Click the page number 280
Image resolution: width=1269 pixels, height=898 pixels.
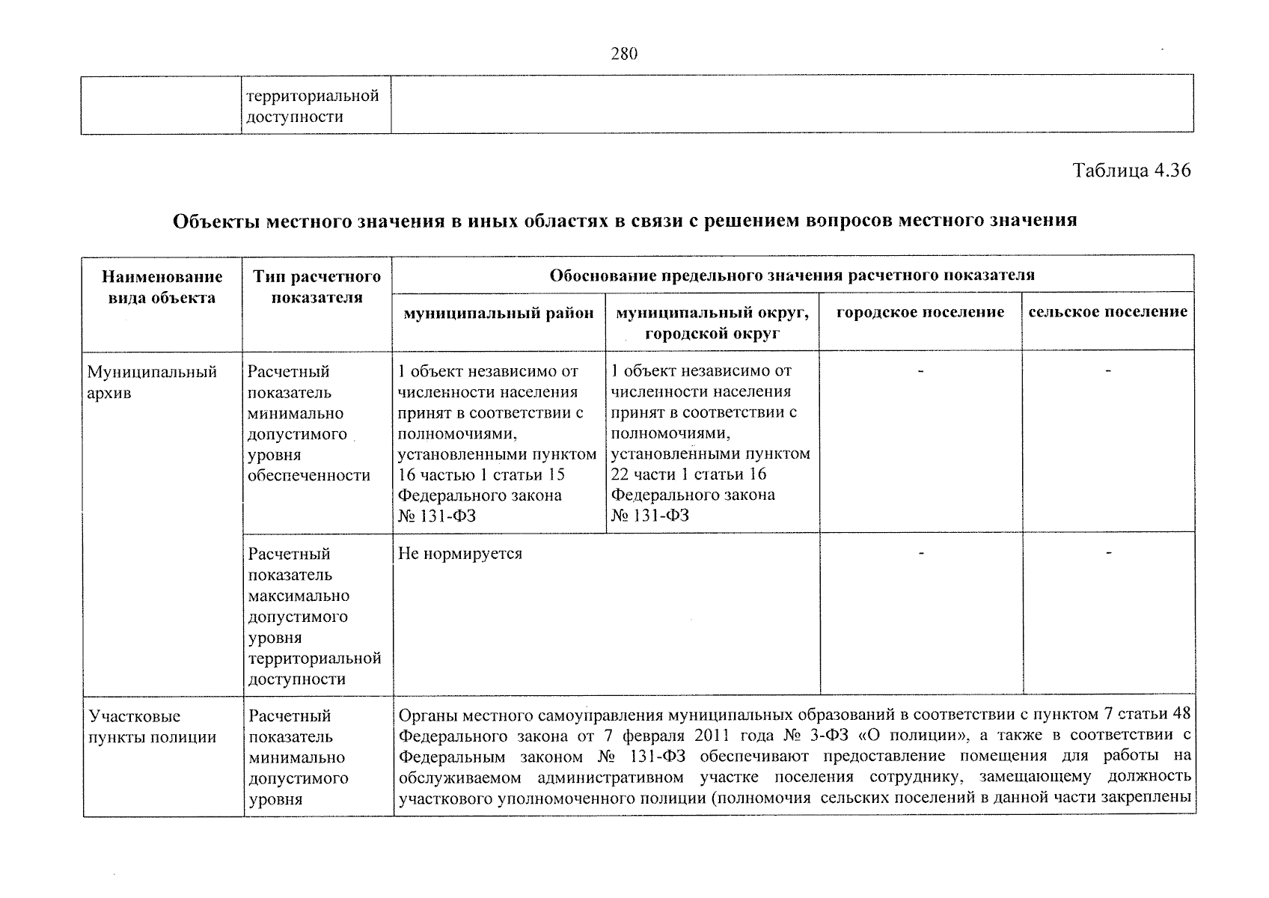point(624,54)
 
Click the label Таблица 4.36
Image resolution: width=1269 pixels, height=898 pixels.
point(1131,170)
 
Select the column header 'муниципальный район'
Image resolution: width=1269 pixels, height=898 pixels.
point(498,313)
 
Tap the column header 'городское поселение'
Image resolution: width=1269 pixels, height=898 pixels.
point(920,312)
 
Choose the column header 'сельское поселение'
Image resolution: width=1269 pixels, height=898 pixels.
point(1107,312)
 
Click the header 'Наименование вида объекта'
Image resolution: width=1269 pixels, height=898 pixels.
point(162,287)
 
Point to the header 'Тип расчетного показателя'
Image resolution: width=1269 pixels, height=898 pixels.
point(317,287)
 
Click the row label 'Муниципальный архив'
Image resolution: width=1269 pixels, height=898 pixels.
point(152,382)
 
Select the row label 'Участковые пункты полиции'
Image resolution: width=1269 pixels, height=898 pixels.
point(152,727)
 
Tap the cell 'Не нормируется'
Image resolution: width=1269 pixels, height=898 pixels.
point(460,555)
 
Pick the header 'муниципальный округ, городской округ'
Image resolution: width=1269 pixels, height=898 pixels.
point(712,323)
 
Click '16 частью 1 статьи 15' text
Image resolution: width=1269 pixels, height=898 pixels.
point(481,474)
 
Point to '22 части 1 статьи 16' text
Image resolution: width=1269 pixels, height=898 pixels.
point(689,474)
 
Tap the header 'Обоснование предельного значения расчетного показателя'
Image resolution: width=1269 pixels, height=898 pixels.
point(792,275)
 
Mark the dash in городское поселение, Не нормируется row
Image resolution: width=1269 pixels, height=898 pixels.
point(922,553)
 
